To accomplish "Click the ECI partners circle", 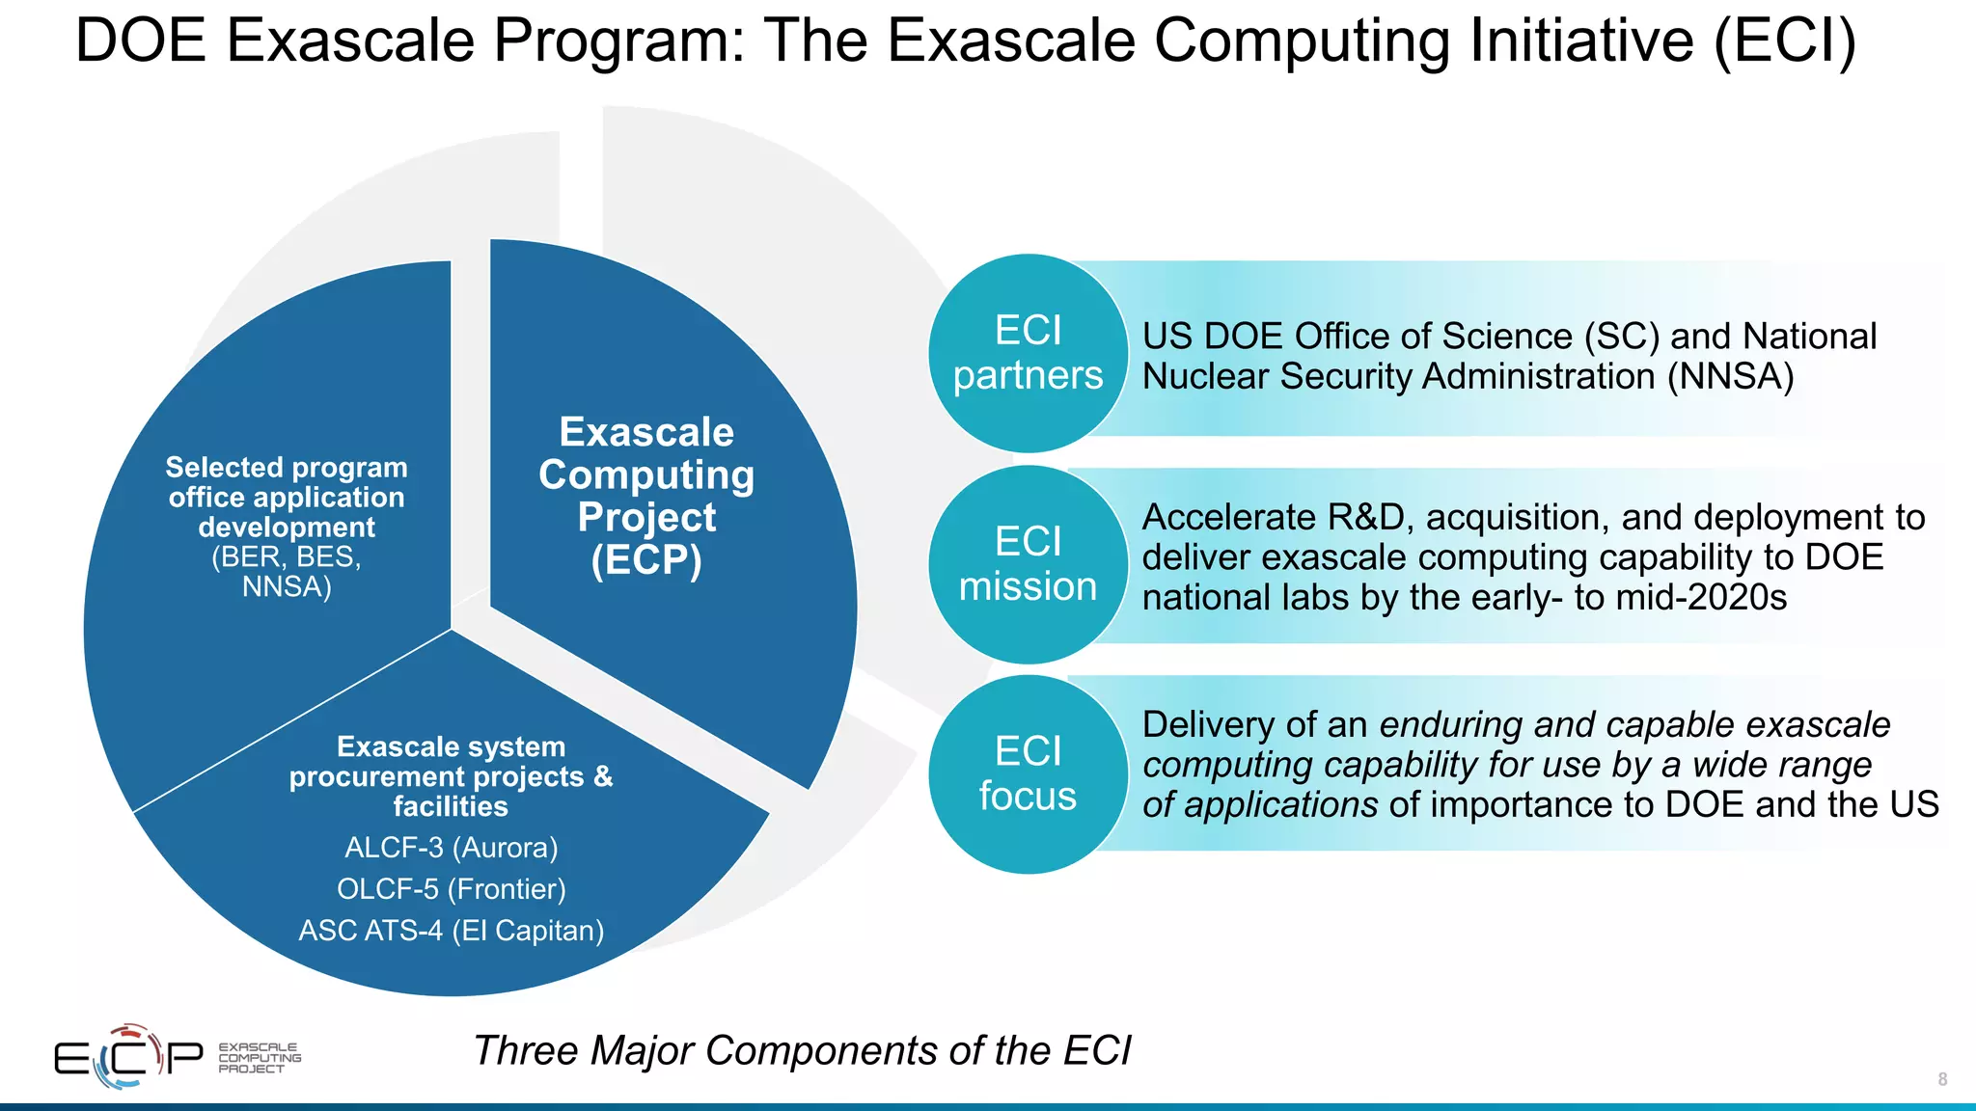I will pyautogui.click(x=1028, y=353).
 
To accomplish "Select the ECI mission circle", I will pyautogui.click(x=1028, y=564).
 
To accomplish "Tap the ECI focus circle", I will pyautogui.click(x=1028, y=774).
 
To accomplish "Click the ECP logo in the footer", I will pyautogui.click(x=129, y=1057).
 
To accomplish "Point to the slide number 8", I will pyautogui.click(x=1942, y=1079).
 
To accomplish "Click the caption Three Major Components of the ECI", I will pyautogui.click(x=802, y=1050).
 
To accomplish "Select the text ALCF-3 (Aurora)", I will pyautogui.click(x=452, y=848).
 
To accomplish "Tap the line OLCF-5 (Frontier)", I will pyautogui.click(x=452, y=889).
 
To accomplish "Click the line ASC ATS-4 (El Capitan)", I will pyautogui.click(x=452, y=931).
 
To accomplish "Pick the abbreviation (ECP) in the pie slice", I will pyautogui.click(x=646, y=560).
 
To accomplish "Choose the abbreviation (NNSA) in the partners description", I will pyautogui.click(x=1731, y=376).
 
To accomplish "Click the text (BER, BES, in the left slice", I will pyautogui.click(x=287, y=557).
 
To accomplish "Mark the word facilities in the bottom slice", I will pyautogui.click(x=451, y=806).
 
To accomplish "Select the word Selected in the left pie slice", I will pyautogui.click(x=211, y=468).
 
